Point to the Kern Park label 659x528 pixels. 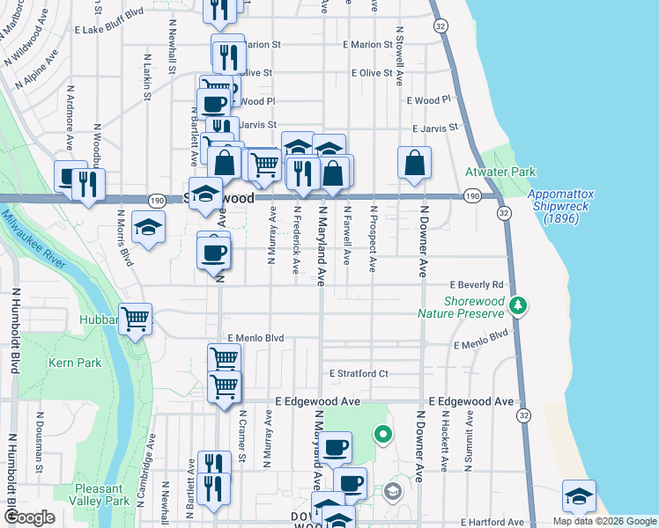click(75, 363)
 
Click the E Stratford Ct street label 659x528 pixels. click(359, 374)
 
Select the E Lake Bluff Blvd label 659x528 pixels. click(109, 29)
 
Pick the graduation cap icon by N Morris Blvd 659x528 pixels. click(148, 228)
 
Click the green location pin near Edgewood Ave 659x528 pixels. click(382, 434)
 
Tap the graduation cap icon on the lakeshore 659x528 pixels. click(579, 495)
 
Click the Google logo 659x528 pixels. click(30, 518)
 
